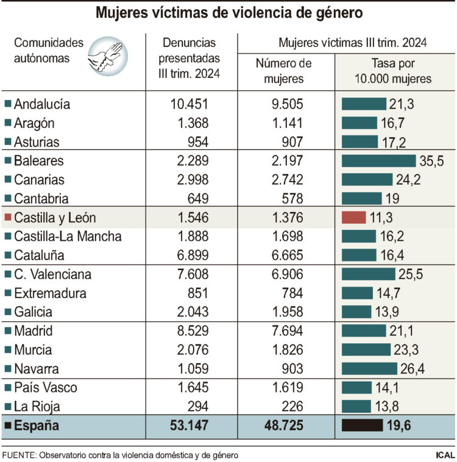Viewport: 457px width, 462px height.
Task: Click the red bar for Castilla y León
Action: pos(353,218)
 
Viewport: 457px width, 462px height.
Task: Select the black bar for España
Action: pos(362,425)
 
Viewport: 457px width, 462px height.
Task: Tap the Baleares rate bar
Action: pos(378,161)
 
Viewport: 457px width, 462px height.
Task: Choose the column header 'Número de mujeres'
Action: pos(284,71)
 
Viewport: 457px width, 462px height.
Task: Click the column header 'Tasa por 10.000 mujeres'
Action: pos(393,71)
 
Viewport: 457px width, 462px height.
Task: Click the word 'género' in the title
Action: pos(336,12)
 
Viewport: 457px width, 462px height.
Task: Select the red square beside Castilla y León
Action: pos(7,218)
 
